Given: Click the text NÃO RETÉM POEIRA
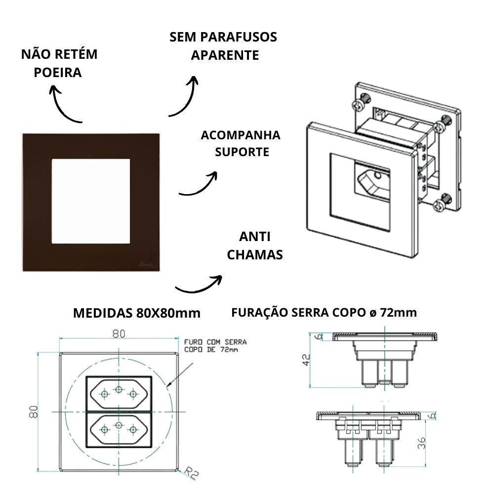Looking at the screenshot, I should (x=59, y=63).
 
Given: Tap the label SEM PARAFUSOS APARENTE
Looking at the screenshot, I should (x=223, y=46).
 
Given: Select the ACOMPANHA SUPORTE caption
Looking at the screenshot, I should (x=241, y=143).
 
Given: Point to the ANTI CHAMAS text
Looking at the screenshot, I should (x=254, y=246).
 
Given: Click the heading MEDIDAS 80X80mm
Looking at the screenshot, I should (x=137, y=313).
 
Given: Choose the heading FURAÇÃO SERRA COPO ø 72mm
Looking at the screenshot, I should (x=324, y=312).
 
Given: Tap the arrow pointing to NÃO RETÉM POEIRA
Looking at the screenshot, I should (x=62, y=104).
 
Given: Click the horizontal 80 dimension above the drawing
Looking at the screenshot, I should (x=118, y=334).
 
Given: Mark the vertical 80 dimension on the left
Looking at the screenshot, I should (x=34, y=412).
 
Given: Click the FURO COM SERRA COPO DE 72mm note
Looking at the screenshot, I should (x=214, y=345).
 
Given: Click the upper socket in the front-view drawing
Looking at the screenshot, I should (x=119, y=393).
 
